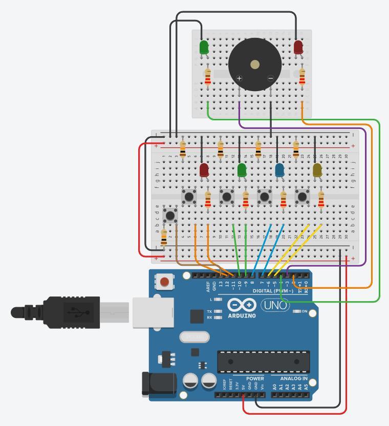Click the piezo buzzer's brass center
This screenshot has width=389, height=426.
(x=254, y=65)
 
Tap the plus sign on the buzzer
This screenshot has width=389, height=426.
(x=239, y=78)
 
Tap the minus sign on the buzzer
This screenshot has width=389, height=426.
(x=271, y=78)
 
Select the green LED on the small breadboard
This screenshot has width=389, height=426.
(x=204, y=48)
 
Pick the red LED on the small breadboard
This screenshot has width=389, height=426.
(x=298, y=47)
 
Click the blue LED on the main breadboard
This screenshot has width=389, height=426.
(x=279, y=169)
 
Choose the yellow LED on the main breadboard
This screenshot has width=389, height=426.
(x=317, y=169)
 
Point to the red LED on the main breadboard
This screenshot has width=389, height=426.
(x=204, y=169)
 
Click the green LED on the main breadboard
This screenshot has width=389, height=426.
(x=242, y=169)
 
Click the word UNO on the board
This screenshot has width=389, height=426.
(x=275, y=306)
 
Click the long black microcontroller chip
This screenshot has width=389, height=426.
(x=263, y=361)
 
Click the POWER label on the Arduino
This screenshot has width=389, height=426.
(x=255, y=379)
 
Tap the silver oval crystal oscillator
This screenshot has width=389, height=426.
(x=194, y=337)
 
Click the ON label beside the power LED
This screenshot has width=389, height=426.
(x=304, y=311)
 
